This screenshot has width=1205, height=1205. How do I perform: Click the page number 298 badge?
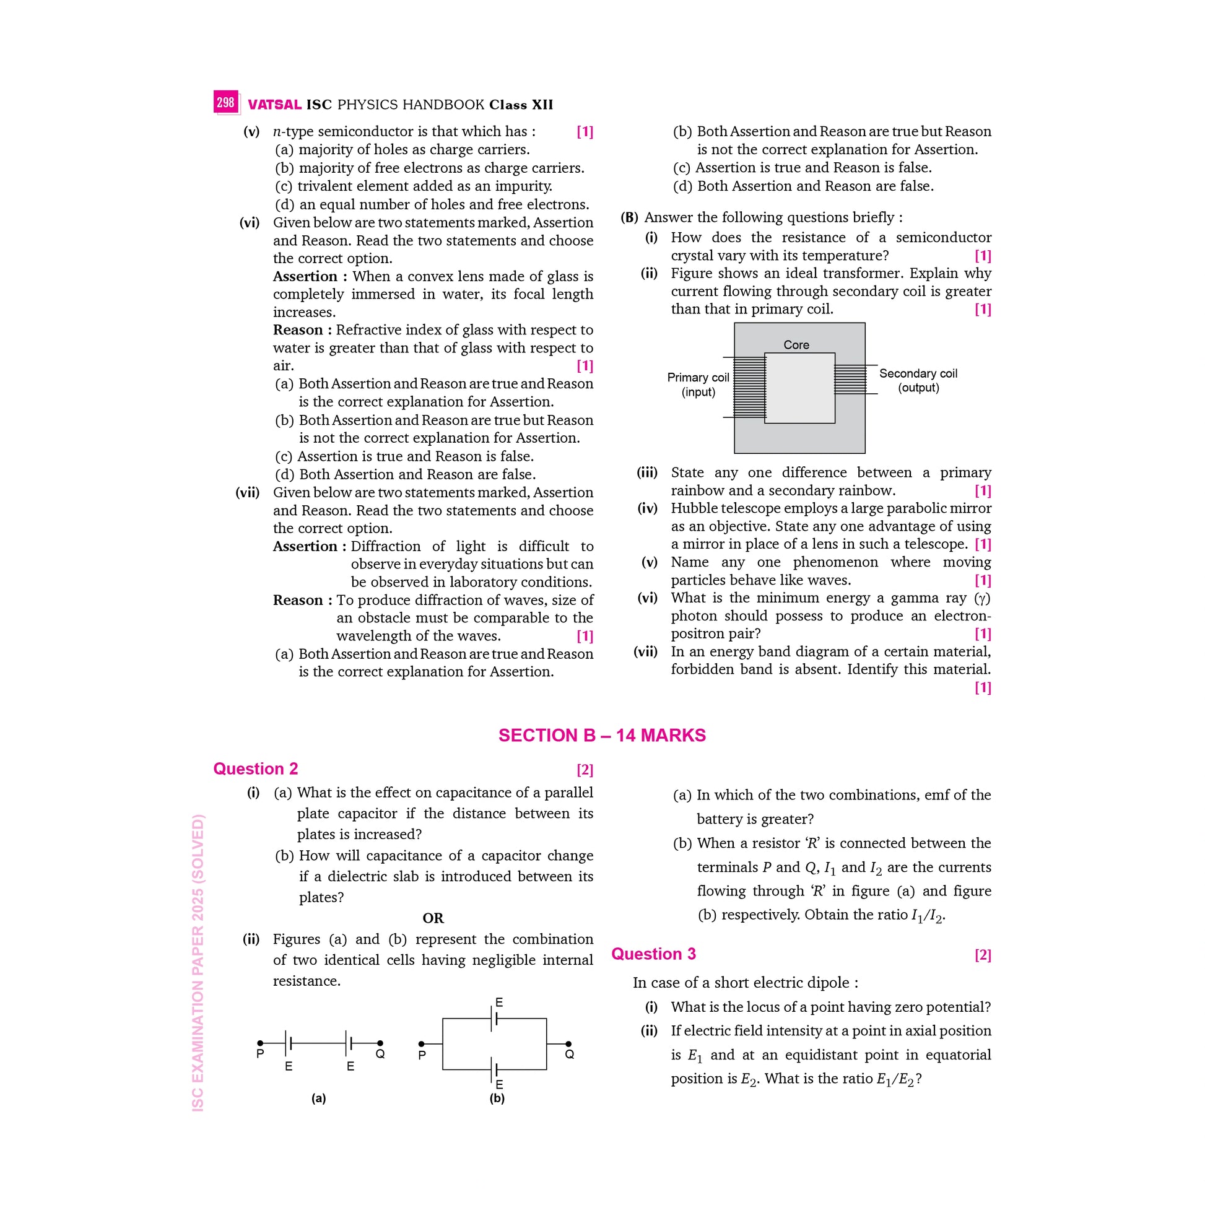(225, 102)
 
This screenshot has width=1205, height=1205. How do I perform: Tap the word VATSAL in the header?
(274, 105)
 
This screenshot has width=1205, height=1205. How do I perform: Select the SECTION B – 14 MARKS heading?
(602, 736)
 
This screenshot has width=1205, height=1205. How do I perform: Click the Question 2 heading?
(256, 768)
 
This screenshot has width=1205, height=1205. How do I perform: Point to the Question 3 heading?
(654, 954)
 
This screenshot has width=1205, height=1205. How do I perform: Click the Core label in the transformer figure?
(796, 345)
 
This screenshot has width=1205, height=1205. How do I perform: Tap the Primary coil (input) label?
(698, 385)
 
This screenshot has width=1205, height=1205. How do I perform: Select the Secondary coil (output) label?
(918, 380)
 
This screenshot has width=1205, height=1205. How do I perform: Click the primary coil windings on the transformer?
(749, 386)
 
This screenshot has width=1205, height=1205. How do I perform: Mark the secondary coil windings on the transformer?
(850, 379)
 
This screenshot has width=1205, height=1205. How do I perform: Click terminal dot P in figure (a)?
(260, 1043)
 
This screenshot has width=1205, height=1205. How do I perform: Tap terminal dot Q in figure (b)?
(568, 1043)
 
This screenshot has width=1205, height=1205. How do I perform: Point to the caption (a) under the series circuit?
(319, 1098)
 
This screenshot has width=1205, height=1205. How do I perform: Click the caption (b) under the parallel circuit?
(497, 1098)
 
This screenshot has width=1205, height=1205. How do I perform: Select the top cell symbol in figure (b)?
(495, 1019)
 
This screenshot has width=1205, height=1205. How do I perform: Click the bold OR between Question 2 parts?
(433, 918)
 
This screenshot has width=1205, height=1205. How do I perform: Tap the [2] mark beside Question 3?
(982, 955)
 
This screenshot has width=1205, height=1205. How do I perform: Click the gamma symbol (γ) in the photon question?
(982, 598)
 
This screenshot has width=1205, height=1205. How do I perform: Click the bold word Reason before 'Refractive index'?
(298, 330)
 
